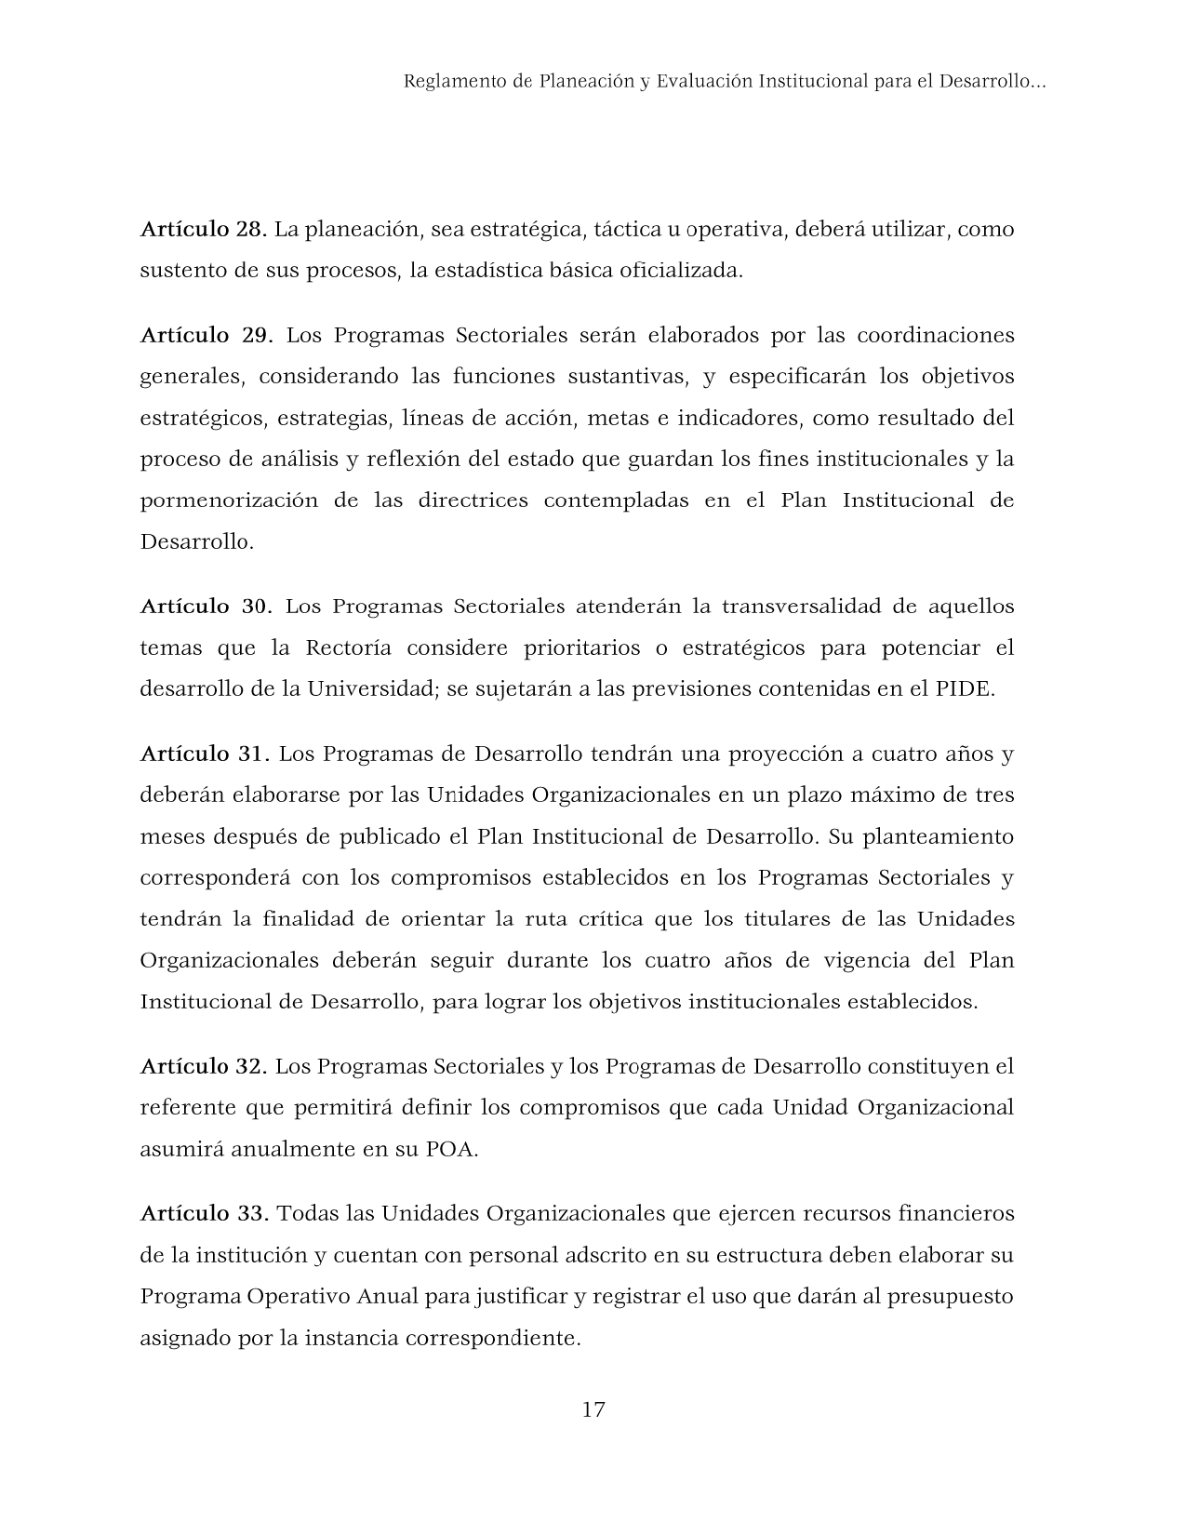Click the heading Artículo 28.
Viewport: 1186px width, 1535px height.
pos(204,229)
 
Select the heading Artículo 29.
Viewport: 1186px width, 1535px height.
pos(206,335)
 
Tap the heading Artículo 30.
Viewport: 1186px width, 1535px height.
pos(206,607)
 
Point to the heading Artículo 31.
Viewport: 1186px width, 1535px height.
pos(204,754)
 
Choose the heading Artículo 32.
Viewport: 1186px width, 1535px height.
pos(204,1066)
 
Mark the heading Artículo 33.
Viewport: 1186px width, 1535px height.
pos(204,1213)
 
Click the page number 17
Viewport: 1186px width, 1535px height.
pos(593,1409)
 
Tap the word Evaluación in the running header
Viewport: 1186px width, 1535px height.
pos(704,82)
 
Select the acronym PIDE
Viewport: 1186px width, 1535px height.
pos(965,689)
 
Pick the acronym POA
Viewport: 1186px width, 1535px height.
pos(450,1149)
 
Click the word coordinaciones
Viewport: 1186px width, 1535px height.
pos(935,335)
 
